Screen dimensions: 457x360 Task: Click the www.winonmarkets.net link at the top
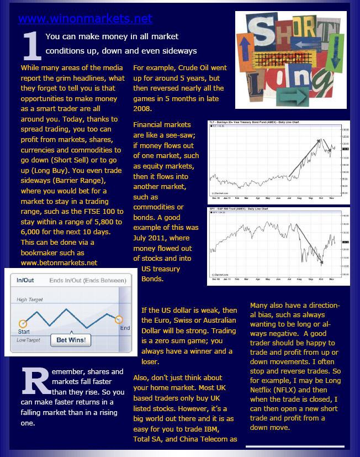[x=85, y=19]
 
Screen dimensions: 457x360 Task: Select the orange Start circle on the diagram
[x=23, y=323]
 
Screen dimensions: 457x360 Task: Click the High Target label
[x=29, y=300]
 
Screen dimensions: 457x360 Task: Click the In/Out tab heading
[x=25, y=280]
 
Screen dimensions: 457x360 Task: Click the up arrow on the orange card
[x=245, y=48]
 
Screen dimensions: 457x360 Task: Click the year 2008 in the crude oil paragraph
[x=143, y=109]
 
